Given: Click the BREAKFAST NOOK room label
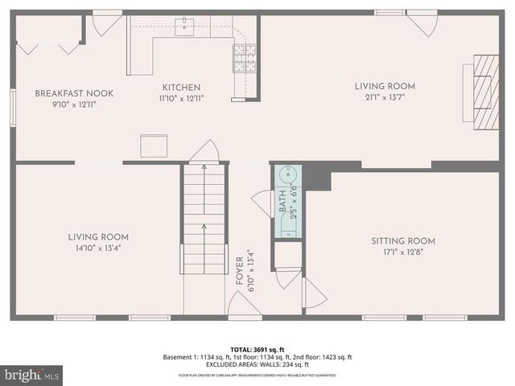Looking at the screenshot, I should pyautogui.click(x=74, y=93).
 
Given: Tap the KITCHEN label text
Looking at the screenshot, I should pyautogui.click(x=181, y=88).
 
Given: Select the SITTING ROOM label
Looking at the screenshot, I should pyautogui.click(x=402, y=240).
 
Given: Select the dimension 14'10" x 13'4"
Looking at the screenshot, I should pyautogui.click(x=98, y=248).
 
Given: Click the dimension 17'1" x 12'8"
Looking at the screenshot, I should pyautogui.click(x=402, y=252).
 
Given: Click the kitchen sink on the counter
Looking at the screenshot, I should pyautogui.click(x=186, y=28).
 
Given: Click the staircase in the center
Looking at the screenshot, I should pyautogui.click(x=204, y=217).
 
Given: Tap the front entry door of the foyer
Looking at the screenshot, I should pyautogui.click(x=244, y=306).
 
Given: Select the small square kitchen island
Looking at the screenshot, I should pyautogui.click(x=154, y=146).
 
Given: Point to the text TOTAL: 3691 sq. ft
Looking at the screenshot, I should pyautogui.click(x=257, y=349).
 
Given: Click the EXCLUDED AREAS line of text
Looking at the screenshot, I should pyautogui.click(x=257, y=365).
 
